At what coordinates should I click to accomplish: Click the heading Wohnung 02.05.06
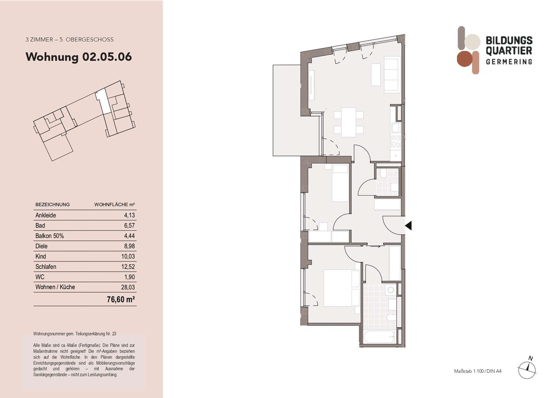tap(79, 57)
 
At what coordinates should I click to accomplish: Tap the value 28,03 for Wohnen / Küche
tap(128, 287)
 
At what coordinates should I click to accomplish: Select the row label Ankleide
tap(46, 215)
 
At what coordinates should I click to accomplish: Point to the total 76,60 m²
tap(121, 299)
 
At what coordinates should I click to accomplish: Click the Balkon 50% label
tap(50, 236)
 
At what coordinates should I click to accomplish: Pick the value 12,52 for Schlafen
tap(128, 267)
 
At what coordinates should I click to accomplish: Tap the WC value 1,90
tap(130, 277)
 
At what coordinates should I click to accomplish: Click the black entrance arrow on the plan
tap(408, 226)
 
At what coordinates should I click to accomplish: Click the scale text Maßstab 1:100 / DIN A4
tap(478, 371)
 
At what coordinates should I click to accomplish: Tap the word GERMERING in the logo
tap(509, 61)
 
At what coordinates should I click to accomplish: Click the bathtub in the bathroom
tap(379, 337)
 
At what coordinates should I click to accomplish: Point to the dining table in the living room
tap(348, 122)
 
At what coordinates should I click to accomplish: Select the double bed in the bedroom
tap(342, 288)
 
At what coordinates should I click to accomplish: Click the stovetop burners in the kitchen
tap(396, 142)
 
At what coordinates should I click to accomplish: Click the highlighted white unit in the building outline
tap(103, 102)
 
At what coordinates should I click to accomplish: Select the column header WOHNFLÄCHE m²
tap(114, 205)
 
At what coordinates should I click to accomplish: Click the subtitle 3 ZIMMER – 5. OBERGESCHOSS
tap(69, 40)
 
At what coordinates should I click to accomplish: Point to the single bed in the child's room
tap(340, 183)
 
